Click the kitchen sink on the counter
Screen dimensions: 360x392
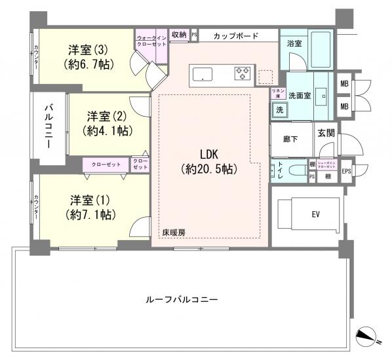click(x=201, y=73)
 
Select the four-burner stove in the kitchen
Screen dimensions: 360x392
click(x=242, y=73)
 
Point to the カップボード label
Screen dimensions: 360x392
click(x=236, y=36)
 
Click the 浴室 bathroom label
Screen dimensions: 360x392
click(x=295, y=43)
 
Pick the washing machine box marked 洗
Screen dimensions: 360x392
click(x=279, y=110)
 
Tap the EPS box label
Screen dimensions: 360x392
click(x=346, y=171)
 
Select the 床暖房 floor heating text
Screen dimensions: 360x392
click(x=174, y=232)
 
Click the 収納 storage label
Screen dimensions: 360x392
click(x=179, y=34)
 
